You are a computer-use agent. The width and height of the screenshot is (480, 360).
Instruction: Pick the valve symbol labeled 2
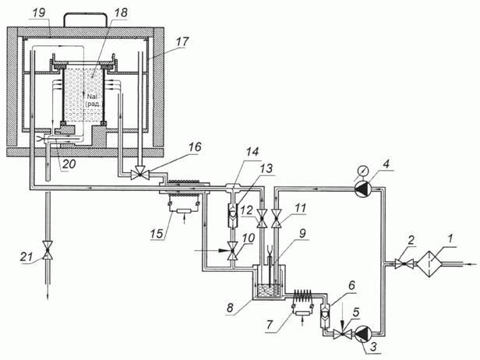click(404, 264)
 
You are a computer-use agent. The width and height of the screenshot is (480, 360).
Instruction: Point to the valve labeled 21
click(48, 250)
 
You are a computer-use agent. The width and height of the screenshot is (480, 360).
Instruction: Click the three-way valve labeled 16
click(140, 175)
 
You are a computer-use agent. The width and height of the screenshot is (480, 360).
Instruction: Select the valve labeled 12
click(262, 218)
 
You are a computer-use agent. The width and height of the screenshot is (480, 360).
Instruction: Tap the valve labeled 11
click(277, 218)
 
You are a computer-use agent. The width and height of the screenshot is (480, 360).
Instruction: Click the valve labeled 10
click(232, 251)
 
